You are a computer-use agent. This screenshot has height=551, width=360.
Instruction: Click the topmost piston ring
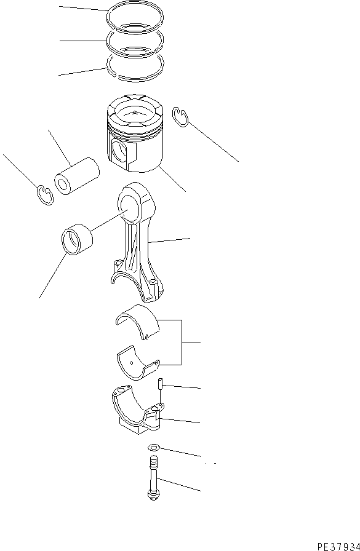point(135,10)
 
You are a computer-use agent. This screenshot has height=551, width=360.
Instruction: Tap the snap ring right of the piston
point(180,117)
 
